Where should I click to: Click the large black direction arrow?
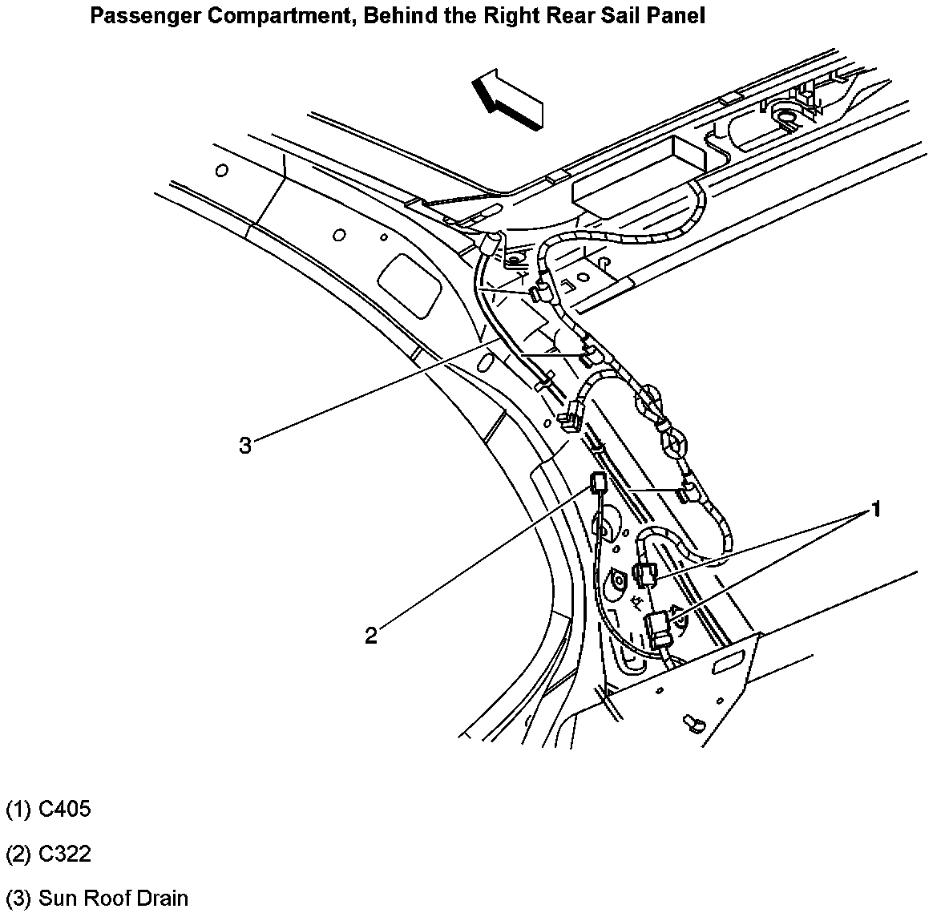tap(508, 98)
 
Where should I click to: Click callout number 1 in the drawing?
tap(877, 508)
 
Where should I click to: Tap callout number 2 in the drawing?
tap(370, 636)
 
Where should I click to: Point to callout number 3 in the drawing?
tap(245, 445)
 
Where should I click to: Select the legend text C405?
tap(65, 809)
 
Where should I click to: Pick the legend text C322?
tap(65, 854)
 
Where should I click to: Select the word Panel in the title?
tap(676, 15)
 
